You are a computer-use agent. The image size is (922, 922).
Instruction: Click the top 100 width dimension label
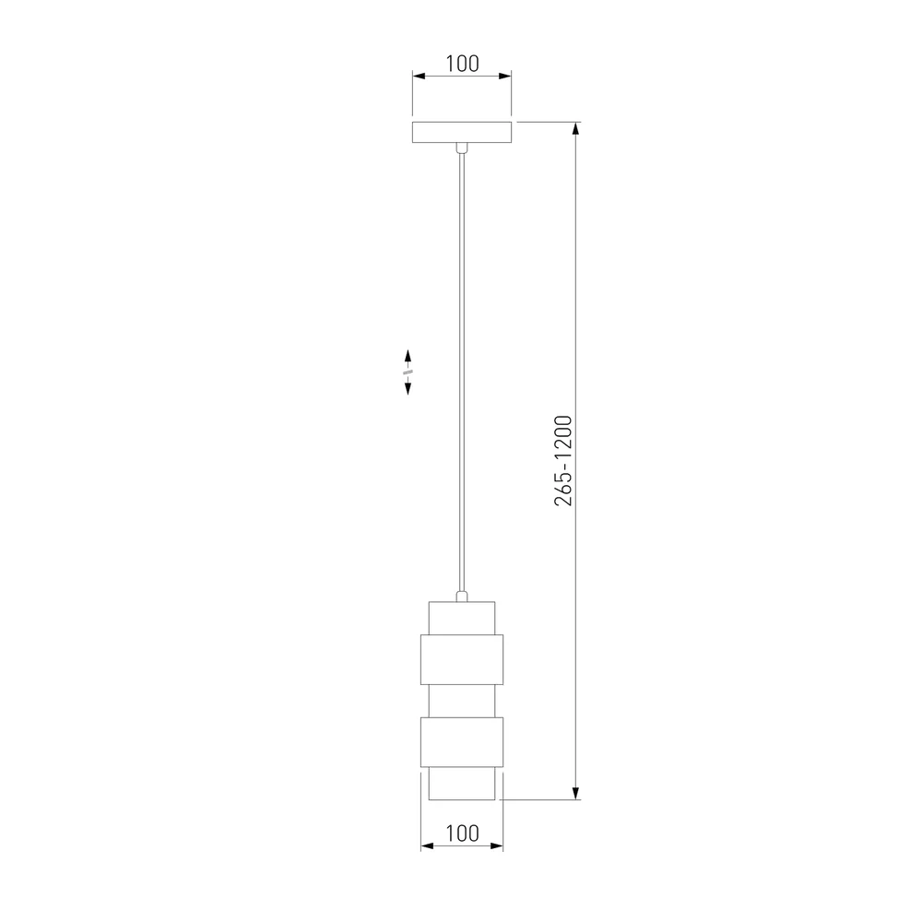[x=462, y=64]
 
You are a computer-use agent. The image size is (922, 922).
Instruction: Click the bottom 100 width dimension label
[x=462, y=833]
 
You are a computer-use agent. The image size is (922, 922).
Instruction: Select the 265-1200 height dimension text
[x=562, y=460]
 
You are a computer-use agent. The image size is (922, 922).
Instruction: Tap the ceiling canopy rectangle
[x=462, y=132]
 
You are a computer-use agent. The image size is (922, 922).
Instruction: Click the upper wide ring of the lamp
[x=462, y=660]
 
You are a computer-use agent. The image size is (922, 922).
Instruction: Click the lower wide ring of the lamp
[x=462, y=742]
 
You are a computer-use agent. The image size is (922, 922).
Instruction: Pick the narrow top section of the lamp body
[x=462, y=618]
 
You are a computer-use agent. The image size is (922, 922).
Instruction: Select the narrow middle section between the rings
[x=462, y=701]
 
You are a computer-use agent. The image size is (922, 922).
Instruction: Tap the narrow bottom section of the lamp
[x=462, y=783]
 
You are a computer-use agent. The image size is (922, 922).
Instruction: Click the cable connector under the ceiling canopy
[x=462, y=148]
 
